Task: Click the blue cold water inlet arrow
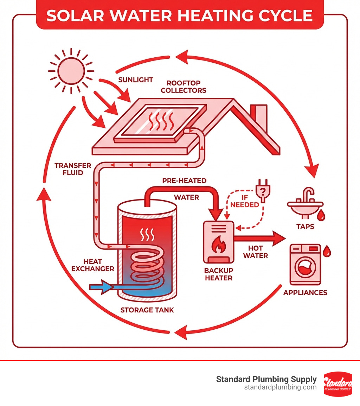click(x=102, y=287)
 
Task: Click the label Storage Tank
click(x=147, y=310)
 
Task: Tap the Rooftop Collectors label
click(x=184, y=87)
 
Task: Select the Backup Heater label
click(x=218, y=274)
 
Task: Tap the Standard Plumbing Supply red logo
click(x=338, y=384)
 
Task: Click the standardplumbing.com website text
click(x=280, y=387)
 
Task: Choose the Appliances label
click(x=305, y=293)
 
